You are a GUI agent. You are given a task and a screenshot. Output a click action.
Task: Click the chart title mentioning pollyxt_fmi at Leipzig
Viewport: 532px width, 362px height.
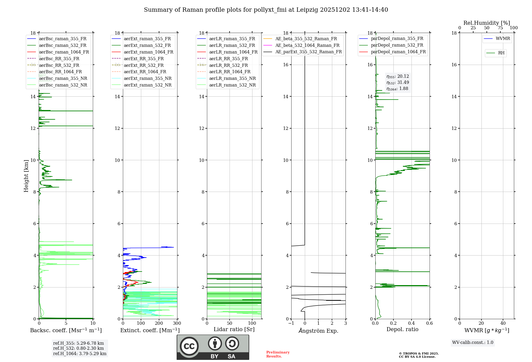[266, 10]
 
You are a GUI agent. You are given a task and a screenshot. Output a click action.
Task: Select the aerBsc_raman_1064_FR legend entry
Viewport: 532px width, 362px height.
[64, 52]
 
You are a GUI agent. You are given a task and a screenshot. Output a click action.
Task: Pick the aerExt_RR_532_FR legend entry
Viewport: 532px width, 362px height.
[144, 65]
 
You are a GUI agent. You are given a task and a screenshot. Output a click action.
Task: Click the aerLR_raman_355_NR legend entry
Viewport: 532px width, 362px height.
[232, 78]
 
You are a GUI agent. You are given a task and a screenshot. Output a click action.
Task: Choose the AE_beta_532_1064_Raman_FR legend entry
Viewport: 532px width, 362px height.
[307, 45]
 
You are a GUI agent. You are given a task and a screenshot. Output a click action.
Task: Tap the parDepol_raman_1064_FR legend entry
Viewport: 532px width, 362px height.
[398, 52]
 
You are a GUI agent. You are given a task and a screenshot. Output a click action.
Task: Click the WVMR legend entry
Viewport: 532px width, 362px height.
[503, 39]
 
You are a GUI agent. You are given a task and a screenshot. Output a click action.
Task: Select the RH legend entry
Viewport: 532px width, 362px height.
[501, 53]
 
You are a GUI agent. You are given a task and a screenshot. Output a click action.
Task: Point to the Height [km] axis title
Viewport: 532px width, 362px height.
[26, 176]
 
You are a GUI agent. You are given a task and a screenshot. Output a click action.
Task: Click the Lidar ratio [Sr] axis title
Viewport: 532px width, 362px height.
[234, 329]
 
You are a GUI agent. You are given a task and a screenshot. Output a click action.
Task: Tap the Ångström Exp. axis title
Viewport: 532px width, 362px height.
[318, 331]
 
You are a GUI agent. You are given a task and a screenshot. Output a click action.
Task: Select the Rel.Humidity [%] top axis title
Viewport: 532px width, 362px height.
[487, 23]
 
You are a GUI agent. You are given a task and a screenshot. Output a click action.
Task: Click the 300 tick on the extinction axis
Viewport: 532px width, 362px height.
[177, 323]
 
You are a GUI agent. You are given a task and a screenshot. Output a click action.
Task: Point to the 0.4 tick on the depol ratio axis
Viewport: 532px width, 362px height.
[411, 323]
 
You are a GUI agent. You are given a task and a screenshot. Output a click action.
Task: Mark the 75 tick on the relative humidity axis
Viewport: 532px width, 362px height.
[500, 28]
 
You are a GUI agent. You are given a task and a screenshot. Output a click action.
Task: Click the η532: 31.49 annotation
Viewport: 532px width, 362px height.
[398, 83]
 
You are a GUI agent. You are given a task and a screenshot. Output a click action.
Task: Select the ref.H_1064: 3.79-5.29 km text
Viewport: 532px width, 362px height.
[80, 354]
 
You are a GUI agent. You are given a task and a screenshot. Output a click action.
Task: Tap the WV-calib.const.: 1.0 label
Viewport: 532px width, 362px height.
[472, 343]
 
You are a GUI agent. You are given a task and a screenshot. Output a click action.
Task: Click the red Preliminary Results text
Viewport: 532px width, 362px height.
[278, 354]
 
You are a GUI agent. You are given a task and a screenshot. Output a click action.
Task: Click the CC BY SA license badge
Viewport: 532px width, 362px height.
[213, 347]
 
